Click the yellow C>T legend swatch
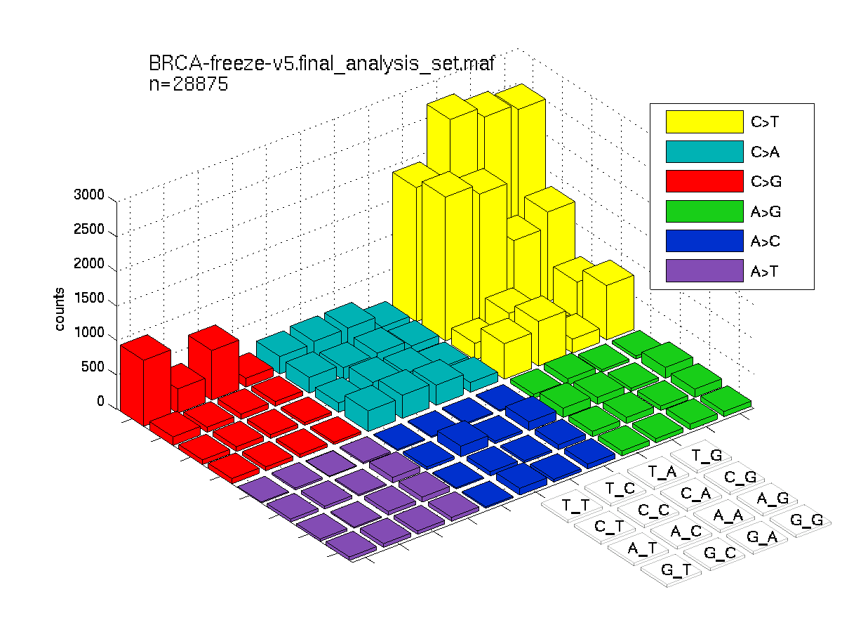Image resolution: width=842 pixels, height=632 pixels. (704, 121)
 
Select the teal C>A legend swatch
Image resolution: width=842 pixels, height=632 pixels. (704, 152)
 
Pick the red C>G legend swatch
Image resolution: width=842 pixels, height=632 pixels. (704, 181)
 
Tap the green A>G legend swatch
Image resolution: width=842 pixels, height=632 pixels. (704, 211)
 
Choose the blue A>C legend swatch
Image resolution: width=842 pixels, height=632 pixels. (704, 241)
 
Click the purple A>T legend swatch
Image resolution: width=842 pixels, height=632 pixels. (704, 271)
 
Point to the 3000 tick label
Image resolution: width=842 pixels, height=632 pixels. (89, 195)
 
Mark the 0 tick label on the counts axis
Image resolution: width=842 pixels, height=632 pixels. (100, 401)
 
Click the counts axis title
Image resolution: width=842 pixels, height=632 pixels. (59, 309)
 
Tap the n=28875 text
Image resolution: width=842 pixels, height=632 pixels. (188, 84)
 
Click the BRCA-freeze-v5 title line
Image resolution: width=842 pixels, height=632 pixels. (321, 63)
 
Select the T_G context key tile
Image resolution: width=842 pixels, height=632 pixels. (702, 456)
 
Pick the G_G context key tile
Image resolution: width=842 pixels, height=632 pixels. (801, 521)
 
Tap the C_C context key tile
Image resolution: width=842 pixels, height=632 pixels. (648, 511)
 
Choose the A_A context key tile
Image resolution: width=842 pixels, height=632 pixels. (724, 515)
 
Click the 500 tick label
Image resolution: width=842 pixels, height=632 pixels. (93, 367)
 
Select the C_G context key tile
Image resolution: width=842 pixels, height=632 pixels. (735, 478)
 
